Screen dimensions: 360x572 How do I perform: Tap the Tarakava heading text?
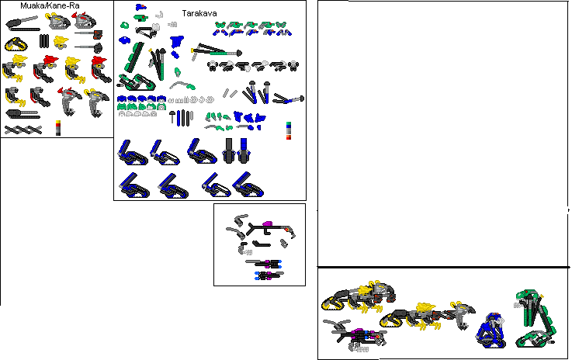(x=199, y=13)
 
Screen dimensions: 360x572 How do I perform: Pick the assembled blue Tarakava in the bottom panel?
(x=489, y=330)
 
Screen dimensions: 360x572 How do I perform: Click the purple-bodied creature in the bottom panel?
(x=359, y=335)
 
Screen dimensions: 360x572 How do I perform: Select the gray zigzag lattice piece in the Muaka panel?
(x=23, y=130)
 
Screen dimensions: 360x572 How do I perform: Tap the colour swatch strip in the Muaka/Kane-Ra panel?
(x=57, y=128)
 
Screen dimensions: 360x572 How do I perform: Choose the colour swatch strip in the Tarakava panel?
(x=289, y=131)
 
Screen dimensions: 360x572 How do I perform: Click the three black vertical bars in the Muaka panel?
(x=45, y=40)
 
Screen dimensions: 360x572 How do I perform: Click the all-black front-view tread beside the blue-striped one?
(x=229, y=149)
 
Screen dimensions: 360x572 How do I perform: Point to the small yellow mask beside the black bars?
(x=62, y=40)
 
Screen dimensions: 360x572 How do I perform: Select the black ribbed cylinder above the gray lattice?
(x=21, y=114)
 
